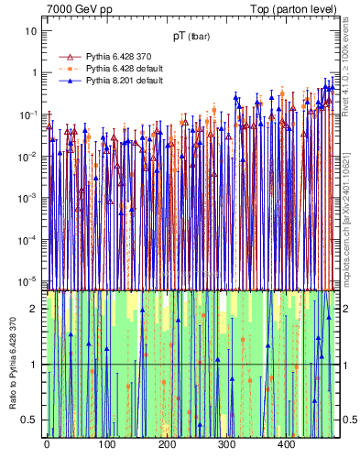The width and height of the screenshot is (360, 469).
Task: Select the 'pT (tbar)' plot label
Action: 191,37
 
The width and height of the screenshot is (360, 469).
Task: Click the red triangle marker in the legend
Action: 65,56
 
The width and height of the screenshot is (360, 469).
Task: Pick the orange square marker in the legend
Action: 65,69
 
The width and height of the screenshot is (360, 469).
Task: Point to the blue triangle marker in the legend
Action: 65,81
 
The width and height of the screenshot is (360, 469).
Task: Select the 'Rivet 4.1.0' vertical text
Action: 350,82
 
